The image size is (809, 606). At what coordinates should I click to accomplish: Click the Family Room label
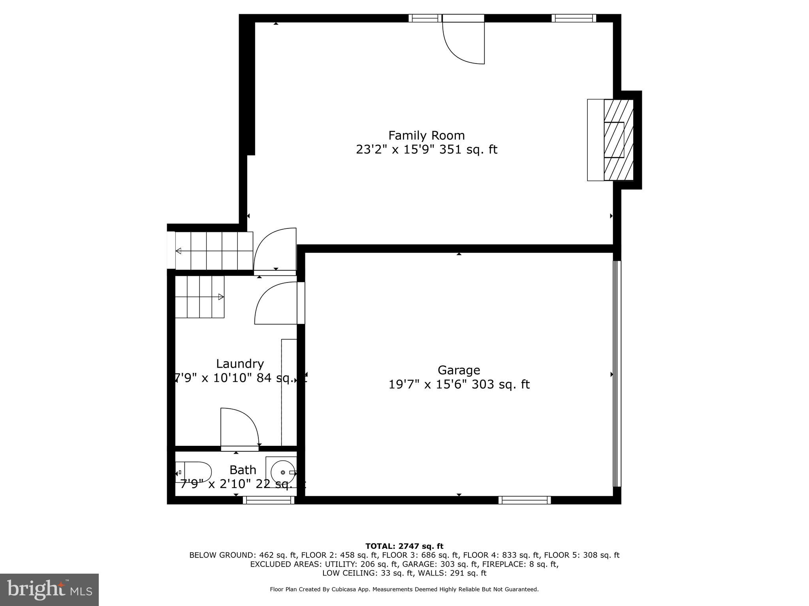[x=426, y=135]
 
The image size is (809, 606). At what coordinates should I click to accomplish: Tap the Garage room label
[x=459, y=370]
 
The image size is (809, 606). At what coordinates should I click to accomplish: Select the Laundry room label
[x=240, y=363]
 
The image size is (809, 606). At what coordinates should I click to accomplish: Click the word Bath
[x=243, y=470]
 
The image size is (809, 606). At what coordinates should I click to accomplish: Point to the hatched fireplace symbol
[x=618, y=140]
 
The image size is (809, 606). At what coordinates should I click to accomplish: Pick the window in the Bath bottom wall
[x=269, y=500]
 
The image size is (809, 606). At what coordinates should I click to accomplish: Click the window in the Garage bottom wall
[x=525, y=500]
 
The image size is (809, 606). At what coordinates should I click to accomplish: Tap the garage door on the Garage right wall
[x=617, y=374]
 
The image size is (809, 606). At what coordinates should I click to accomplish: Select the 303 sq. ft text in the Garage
[x=501, y=384]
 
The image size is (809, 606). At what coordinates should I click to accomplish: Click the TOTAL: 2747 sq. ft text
[x=404, y=546]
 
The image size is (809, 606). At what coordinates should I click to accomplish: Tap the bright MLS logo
[x=49, y=590]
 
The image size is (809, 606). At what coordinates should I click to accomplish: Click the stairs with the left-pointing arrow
[x=214, y=251]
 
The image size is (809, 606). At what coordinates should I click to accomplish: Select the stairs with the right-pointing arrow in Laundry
[x=199, y=297]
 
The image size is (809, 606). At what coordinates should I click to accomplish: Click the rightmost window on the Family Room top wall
[x=574, y=18]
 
